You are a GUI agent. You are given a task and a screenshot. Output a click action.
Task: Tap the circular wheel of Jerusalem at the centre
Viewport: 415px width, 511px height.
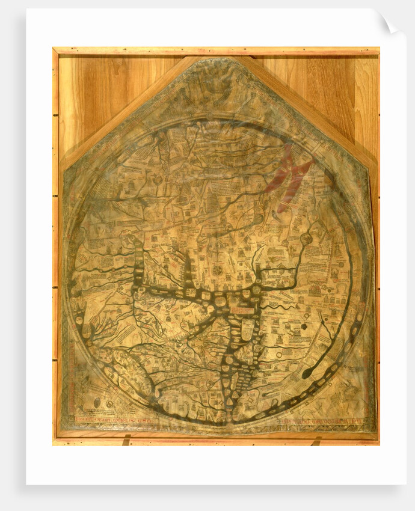(217, 271)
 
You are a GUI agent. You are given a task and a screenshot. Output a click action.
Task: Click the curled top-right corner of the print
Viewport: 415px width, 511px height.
(389, 23)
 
